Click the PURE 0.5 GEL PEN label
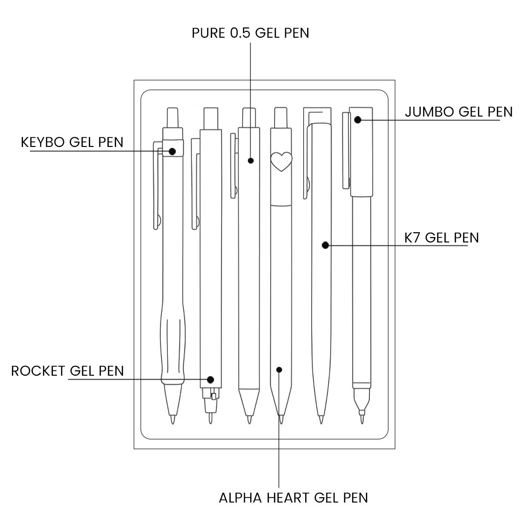250,33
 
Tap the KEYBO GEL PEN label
72,142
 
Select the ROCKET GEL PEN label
68,371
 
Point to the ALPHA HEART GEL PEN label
293,498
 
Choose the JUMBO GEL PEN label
458,112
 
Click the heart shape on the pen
281,161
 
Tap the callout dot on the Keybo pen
172,151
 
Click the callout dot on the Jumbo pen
358,120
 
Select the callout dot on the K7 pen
325,245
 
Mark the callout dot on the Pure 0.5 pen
251,160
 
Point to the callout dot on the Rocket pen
211,379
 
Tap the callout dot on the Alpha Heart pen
279,369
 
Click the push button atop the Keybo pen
172,118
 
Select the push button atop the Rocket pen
211,119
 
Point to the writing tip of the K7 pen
321,419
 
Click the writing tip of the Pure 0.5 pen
249,419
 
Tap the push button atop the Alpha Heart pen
280,118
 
